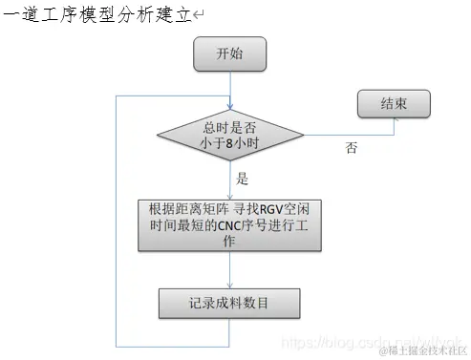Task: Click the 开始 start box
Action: click(229, 54)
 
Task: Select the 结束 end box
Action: click(393, 103)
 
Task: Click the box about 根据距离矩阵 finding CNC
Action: click(230, 224)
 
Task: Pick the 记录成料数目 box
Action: click(229, 303)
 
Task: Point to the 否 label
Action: click(353, 150)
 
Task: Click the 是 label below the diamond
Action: click(242, 179)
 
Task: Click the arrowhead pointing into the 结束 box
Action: click(355, 103)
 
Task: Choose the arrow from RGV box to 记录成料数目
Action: click(230, 268)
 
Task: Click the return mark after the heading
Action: click(198, 15)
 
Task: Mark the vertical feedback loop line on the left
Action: click(116, 220)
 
